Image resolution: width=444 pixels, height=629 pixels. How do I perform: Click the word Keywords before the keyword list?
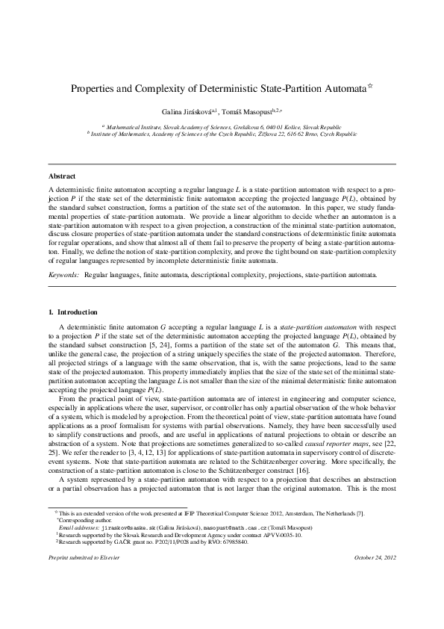click(x=63, y=275)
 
